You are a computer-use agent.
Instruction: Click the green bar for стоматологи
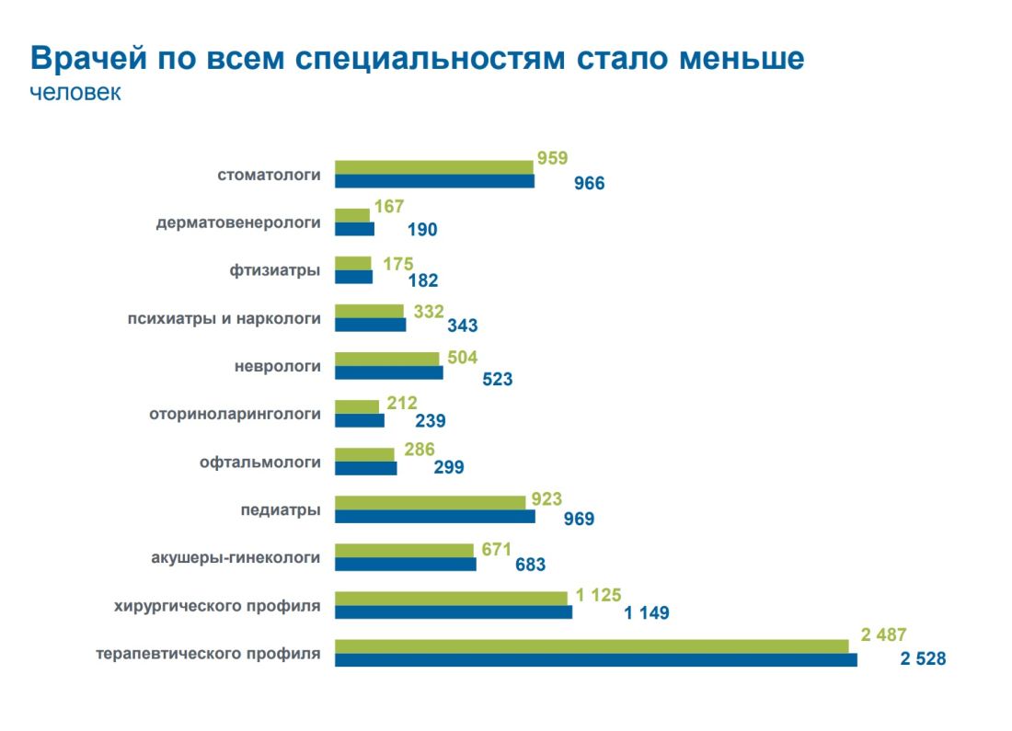[x=433, y=166]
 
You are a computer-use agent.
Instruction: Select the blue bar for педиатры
[x=434, y=516]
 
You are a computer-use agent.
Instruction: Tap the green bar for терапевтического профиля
[x=591, y=645]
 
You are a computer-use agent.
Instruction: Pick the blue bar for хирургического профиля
[x=453, y=611]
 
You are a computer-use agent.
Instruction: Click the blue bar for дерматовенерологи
[x=354, y=229]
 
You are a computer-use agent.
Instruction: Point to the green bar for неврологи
[x=386, y=359]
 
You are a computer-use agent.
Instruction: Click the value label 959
[x=552, y=158]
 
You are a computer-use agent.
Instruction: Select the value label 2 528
[x=923, y=659]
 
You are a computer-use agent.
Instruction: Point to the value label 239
[x=430, y=420]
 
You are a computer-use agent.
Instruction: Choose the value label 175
[x=398, y=264]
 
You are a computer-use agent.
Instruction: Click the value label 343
[x=463, y=325]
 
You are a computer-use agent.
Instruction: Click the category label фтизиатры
[x=275, y=270]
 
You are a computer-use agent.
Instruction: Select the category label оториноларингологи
[x=235, y=414]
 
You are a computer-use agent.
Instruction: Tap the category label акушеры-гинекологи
[x=236, y=557]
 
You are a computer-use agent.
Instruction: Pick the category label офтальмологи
[x=260, y=462]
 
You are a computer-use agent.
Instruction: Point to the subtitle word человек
[x=75, y=93]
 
